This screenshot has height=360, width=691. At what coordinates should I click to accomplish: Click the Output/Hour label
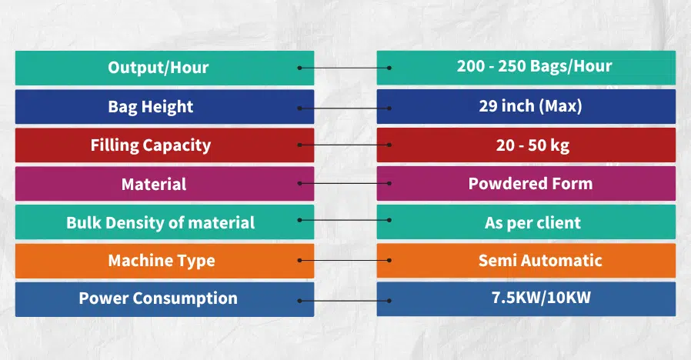(x=158, y=67)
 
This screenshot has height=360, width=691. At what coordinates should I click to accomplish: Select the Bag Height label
(x=151, y=106)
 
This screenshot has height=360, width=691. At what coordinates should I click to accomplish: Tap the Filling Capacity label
(x=151, y=145)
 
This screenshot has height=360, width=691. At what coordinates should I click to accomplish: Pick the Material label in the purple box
(x=154, y=184)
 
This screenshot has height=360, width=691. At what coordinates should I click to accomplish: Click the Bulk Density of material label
(x=160, y=222)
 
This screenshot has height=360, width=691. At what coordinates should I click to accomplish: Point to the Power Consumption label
(x=158, y=298)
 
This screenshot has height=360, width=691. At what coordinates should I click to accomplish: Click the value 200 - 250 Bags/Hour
(x=534, y=66)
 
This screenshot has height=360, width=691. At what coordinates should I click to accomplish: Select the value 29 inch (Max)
(x=530, y=105)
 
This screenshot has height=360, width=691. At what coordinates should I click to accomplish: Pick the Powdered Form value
(x=530, y=184)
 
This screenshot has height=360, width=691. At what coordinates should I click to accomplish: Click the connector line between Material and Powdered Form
(x=345, y=184)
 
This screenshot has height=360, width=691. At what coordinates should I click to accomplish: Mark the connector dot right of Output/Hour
(x=299, y=68)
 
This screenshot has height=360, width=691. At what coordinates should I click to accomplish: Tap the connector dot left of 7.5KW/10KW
(x=389, y=300)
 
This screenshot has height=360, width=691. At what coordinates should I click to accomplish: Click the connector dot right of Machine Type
(x=299, y=261)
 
